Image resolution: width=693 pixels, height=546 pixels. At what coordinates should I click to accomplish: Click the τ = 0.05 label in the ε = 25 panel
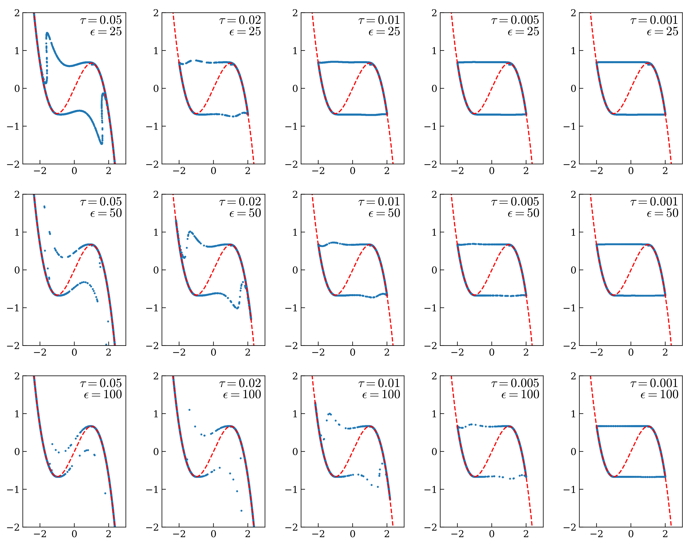point(101,20)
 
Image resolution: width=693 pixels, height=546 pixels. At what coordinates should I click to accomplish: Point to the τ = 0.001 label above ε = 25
point(654,20)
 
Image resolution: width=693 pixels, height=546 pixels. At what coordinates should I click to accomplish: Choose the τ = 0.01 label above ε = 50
point(379,202)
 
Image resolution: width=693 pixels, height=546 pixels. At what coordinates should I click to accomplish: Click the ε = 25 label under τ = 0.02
point(245,31)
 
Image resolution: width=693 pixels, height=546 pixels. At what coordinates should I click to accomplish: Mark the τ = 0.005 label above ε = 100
point(515,383)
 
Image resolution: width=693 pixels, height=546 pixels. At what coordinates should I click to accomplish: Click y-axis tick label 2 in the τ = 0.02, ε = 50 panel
point(156,194)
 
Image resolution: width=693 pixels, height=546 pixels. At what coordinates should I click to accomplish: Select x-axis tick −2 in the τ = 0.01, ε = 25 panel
point(318,171)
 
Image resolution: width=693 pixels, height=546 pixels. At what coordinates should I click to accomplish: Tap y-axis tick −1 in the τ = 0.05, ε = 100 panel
point(13,489)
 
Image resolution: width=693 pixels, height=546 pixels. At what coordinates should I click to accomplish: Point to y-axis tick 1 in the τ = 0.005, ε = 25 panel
point(434,51)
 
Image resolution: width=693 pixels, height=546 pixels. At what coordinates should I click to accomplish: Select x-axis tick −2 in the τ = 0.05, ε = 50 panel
point(40,352)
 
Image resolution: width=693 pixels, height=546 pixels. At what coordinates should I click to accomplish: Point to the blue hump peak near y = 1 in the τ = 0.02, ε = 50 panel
point(191,232)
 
